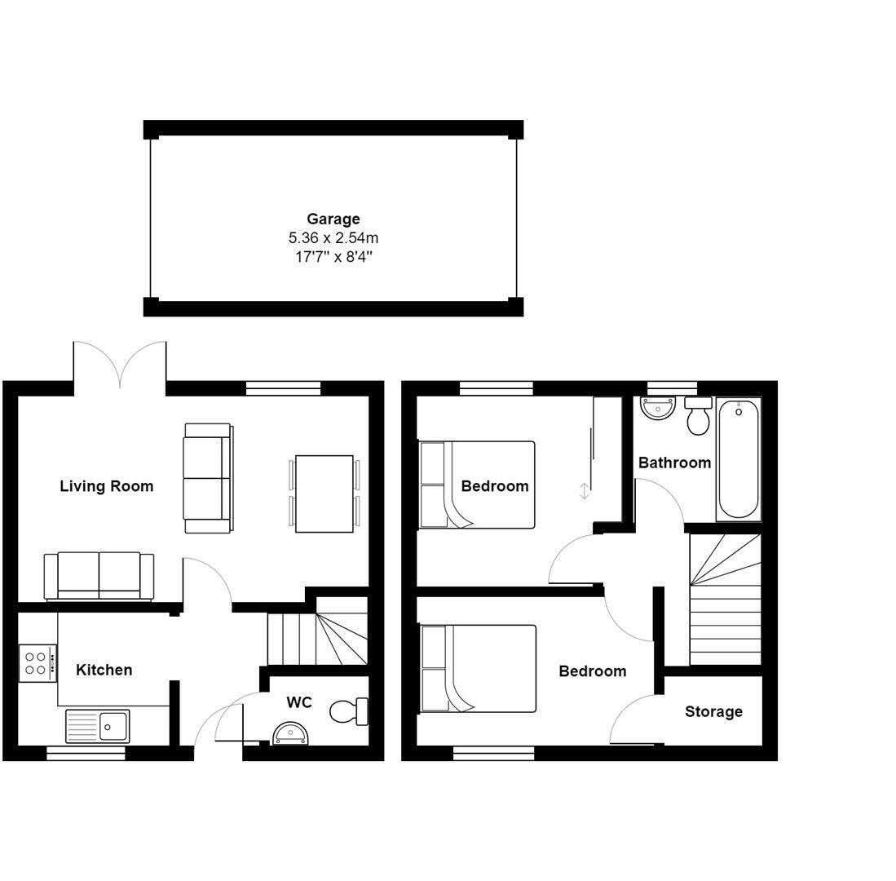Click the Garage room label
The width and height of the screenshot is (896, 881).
333,219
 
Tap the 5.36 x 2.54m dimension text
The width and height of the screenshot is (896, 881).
333,238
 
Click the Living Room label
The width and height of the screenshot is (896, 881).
106,486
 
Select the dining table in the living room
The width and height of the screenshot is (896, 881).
324,494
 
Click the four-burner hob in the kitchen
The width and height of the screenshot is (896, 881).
38,662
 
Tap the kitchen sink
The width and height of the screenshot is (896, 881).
97,724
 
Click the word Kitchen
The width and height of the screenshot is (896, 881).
104,670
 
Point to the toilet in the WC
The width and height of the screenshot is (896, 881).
349,711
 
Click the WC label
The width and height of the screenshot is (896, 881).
299,702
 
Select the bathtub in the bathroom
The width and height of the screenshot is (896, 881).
739,458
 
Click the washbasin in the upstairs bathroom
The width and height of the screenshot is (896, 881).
657,407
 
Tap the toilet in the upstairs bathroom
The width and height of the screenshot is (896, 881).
698,416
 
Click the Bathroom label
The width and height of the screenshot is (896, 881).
674,463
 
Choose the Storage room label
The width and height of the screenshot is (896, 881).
713,711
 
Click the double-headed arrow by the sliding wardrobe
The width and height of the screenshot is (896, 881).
585,490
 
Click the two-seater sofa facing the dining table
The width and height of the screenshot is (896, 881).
207,478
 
